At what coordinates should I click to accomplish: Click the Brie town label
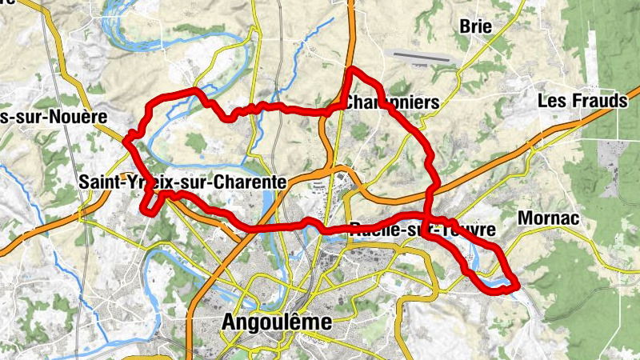click(476, 26)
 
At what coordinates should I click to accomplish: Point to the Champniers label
click(392, 102)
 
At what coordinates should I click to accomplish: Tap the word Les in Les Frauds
click(551, 101)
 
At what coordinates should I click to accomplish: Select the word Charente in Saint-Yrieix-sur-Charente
click(248, 182)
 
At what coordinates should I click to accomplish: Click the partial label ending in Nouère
click(53, 117)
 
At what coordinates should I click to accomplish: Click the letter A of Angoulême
click(226, 322)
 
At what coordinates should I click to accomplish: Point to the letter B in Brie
click(465, 26)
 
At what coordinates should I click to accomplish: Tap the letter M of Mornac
click(525, 218)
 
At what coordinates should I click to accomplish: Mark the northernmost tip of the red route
click(350, 72)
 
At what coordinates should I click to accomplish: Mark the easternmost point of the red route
click(516, 284)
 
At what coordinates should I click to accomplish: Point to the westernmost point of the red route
click(126, 141)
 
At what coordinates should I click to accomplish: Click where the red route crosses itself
click(430, 216)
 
